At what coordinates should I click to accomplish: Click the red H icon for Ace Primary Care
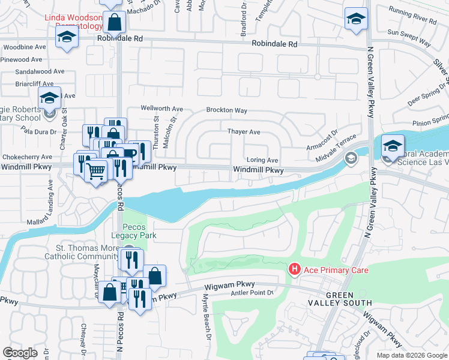294,269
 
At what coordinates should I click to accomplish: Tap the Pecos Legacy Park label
139,231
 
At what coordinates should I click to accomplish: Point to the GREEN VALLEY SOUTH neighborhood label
348,299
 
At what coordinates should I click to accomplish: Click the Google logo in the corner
20,353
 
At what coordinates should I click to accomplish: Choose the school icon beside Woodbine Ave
67,37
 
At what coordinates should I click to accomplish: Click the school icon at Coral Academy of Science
393,146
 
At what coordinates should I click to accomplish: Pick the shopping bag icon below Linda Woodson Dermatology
114,23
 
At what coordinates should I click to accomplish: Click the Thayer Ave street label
243,131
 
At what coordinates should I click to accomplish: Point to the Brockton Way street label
226,110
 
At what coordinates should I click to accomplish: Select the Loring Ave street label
263,160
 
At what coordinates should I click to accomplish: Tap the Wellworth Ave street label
161,109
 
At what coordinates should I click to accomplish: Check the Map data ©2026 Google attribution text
411,355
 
